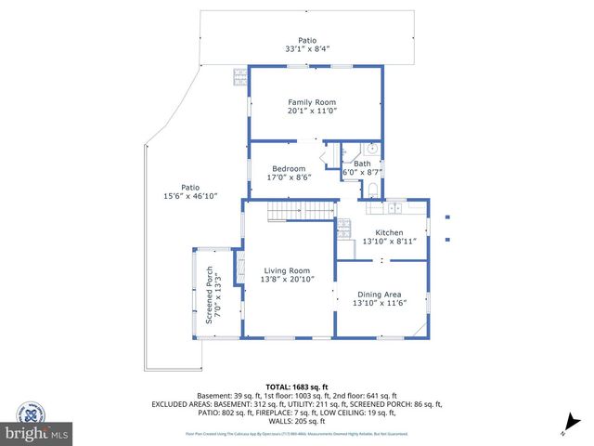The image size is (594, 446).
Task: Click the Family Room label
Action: [x=311, y=102]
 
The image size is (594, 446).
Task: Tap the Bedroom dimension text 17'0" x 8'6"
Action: [x=288, y=177]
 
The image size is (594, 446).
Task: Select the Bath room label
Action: [x=362, y=164]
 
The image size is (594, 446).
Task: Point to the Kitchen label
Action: [x=388, y=232]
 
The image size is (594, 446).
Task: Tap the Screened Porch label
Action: [x=210, y=297]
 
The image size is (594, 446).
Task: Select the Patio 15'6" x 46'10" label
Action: [x=190, y=187]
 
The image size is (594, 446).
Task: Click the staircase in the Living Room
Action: [x=302, y=213]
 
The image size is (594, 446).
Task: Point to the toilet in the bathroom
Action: [x=373, y=190]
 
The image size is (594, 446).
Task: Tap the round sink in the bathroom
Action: [x=371, y=149]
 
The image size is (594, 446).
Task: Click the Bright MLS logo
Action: [x=37, y=433]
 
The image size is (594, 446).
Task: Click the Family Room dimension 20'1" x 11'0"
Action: [x=312, y=111]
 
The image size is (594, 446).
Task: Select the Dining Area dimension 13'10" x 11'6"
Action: [x=382, y=302]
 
